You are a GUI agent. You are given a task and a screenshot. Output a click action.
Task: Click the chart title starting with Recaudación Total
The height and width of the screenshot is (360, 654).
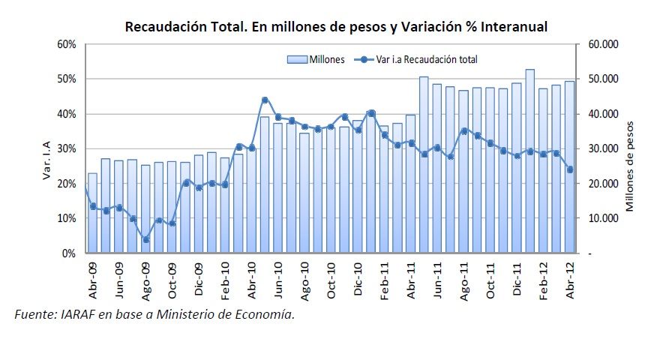coord(336,27)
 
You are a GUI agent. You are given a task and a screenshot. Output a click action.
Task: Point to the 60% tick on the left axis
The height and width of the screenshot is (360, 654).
coord(67,44)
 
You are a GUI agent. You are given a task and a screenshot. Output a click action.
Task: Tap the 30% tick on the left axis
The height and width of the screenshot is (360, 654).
coord(67,148)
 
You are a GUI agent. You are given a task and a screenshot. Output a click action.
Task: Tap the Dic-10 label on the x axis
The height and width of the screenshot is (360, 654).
coord(358,279)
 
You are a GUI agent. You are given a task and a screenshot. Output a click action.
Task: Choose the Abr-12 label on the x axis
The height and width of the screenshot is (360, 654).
coord(571,279)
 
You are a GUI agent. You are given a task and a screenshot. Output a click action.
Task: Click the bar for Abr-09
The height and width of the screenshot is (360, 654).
coord(92,214)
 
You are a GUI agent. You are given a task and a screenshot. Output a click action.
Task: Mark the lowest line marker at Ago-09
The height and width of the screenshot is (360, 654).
coord(145,240)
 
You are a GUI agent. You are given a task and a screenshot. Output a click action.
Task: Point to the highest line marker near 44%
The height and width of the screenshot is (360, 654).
coord(265,100)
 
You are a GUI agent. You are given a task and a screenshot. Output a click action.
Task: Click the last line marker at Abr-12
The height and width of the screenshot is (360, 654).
coord(570,169)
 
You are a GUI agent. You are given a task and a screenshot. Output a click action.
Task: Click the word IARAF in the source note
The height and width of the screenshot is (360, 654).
coord(74,314)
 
